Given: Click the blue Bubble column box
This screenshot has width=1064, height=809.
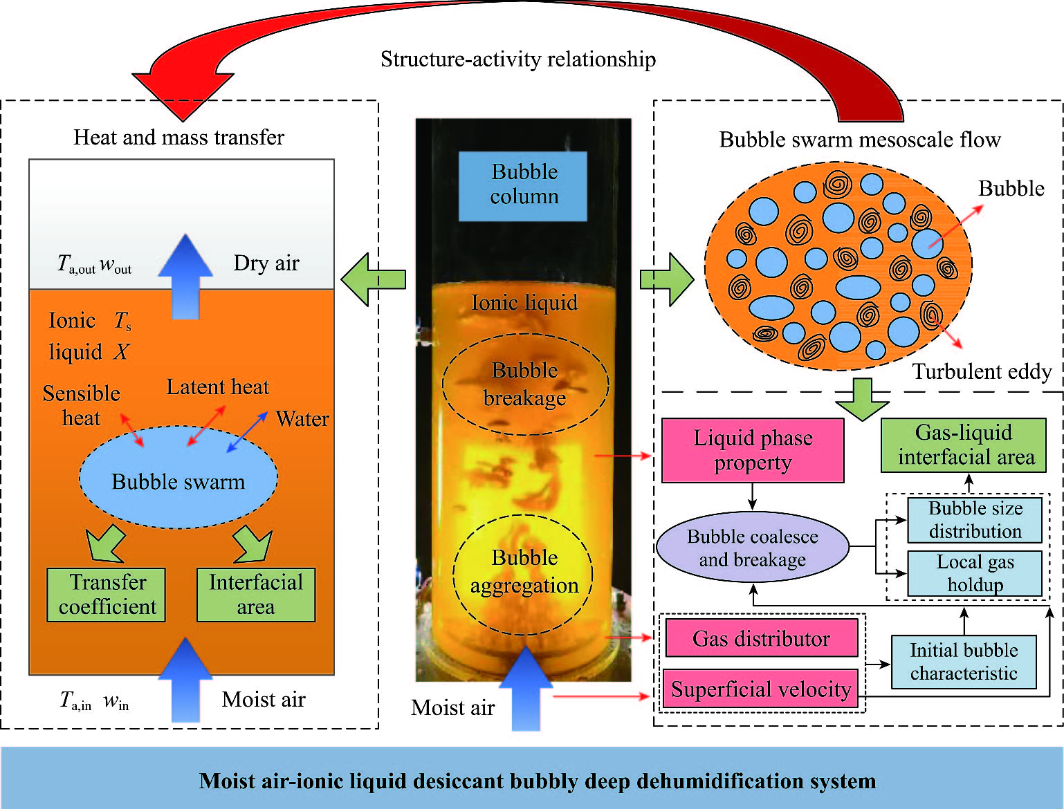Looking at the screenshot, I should [523, 185].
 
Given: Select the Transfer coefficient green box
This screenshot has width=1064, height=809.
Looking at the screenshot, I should [107, 595].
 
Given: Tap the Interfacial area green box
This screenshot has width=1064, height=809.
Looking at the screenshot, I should [256, 595].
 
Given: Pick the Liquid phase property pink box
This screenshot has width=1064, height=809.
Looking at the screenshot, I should [753, 450].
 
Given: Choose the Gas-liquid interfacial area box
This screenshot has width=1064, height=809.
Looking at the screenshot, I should [964, 445].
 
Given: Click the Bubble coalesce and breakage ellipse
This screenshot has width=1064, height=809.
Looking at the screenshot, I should [753, 548].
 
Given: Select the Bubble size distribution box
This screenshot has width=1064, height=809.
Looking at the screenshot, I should [975, 520].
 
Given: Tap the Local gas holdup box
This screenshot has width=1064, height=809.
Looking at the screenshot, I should [975, 573].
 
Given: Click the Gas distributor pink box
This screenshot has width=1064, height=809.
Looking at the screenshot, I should [761, 638].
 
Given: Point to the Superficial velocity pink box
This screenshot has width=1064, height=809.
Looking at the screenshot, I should [761, 689].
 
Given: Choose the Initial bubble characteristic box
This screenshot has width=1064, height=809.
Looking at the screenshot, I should [964, 662].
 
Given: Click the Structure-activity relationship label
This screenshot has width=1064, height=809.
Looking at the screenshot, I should [518, 59].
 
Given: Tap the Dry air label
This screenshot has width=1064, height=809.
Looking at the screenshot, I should [266, 263].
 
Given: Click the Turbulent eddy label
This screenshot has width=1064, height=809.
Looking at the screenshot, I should [982, 372].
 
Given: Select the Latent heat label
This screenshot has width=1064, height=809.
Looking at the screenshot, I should [217, 387].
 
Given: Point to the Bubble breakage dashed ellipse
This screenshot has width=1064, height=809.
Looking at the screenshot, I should [525, 384].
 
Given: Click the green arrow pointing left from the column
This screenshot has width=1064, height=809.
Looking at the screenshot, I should [374, 279].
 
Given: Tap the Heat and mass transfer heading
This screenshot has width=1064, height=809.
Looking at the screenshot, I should [178, 138].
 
